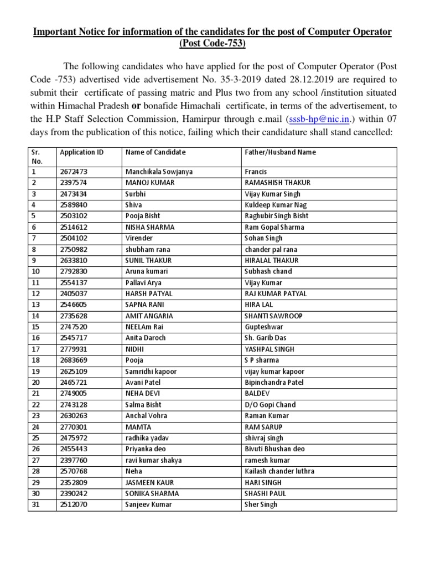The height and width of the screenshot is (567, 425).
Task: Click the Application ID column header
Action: coord(81,152)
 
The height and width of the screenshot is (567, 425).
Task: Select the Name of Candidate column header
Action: coord(156,152)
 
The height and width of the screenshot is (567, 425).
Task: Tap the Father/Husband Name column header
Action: coord(280,152)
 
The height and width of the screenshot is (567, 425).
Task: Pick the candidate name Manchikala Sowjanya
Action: coord(159,172)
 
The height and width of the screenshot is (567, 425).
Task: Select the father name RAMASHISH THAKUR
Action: coord(277,183)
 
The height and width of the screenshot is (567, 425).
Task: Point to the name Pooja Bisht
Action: coord(143,216)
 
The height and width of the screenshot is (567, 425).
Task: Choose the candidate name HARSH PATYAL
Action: coord(150,293)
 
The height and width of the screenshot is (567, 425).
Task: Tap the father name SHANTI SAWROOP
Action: coord(273,316)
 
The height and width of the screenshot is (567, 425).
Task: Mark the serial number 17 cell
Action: coord(35,349)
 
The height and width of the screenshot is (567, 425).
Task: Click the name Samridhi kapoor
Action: coord(151,372)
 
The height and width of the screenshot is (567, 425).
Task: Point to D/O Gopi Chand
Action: coord(270,405)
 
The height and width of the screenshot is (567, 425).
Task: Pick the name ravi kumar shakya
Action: coord(153,460)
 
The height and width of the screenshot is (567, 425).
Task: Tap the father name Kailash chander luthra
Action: coord(279,471)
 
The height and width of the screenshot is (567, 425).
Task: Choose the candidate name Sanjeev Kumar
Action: coord(148,504)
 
